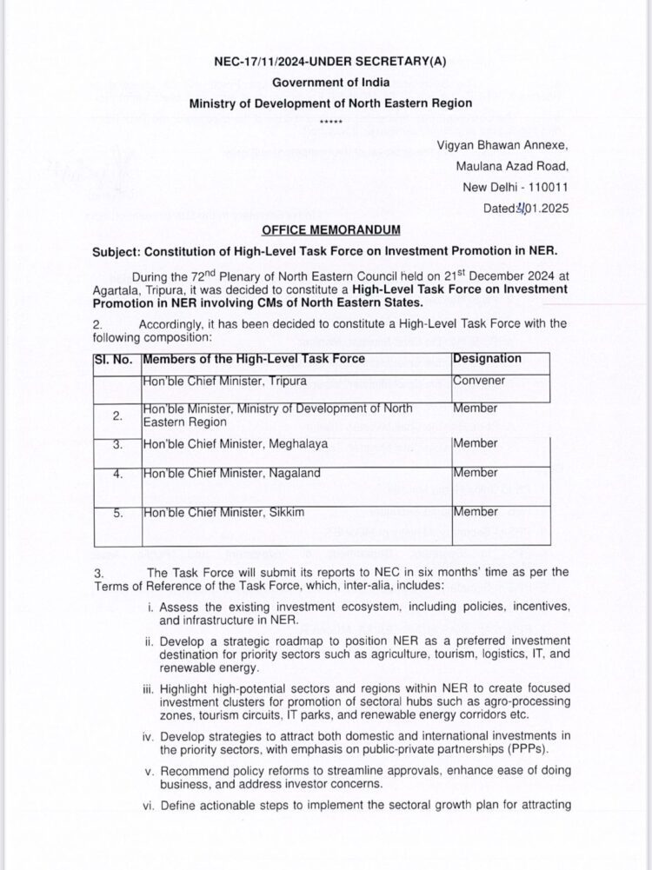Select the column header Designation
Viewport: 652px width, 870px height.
(487, 358)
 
